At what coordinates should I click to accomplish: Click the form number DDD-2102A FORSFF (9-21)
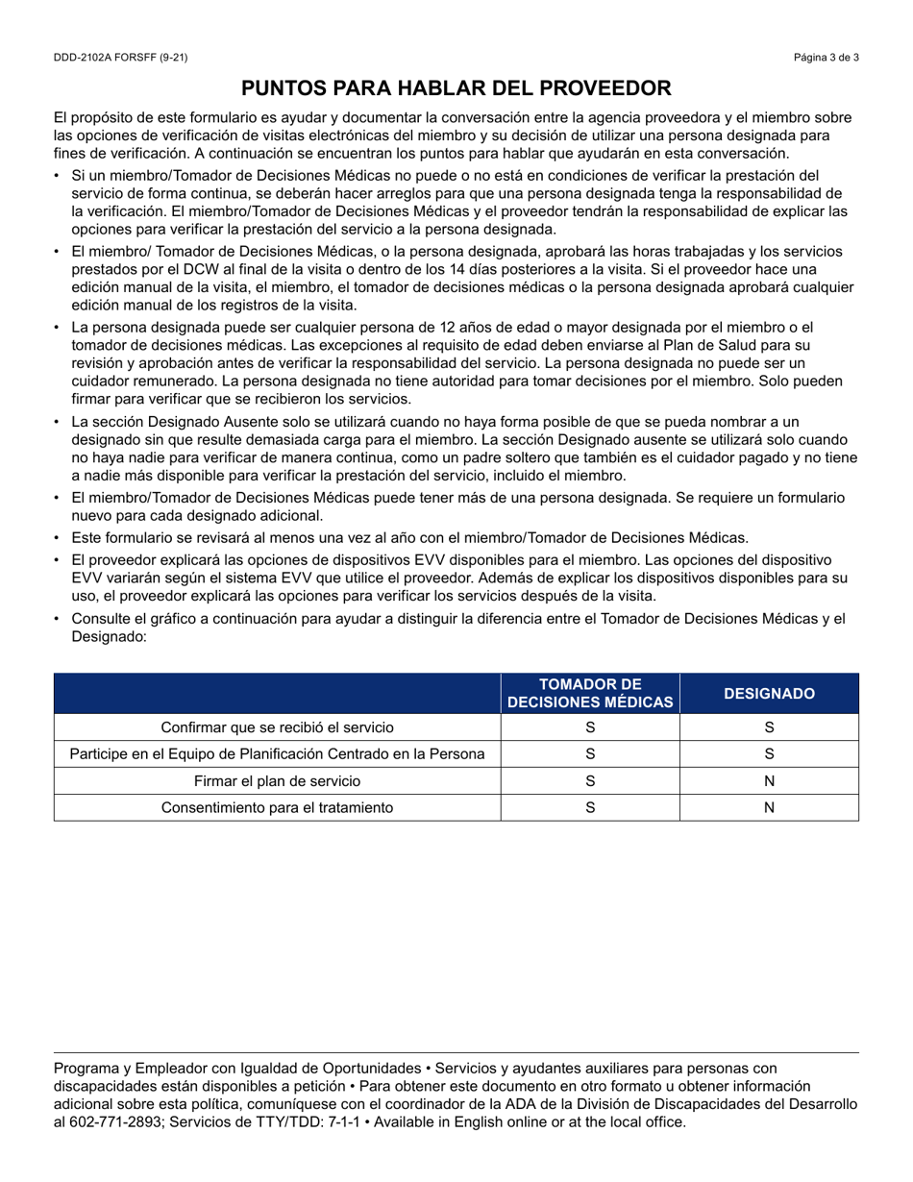[x=120, y=58]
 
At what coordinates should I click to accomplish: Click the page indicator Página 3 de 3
[x=826, y=58]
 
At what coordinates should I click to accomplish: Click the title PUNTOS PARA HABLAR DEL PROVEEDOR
[x=456, y=89]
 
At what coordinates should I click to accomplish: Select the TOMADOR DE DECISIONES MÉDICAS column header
[x=590, y=694]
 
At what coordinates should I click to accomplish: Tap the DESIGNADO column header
[x=769, y=694]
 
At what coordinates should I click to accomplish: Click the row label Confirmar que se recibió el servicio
[x=277, y=727]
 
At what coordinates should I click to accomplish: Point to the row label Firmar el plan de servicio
[x=277, y=781]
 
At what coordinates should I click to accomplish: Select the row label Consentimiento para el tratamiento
[x=277, y=808]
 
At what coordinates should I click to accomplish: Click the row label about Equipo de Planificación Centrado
[x=277, y=754]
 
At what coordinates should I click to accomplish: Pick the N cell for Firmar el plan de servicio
[x=769, y=781]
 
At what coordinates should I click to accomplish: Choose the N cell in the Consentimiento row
[x=769, y=808]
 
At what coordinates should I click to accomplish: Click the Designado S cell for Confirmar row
[x=769, y=727]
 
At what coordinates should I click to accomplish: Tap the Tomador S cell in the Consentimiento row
[x=590, y=808]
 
